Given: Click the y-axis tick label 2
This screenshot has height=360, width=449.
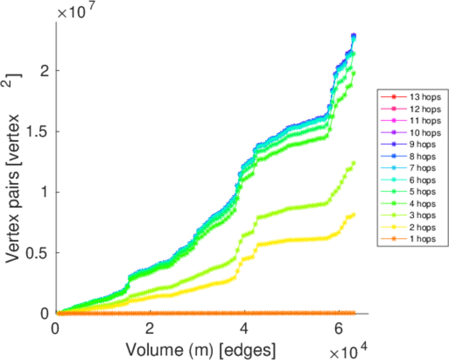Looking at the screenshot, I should tap(45, 71).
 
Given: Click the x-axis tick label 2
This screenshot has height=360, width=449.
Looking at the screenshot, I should tap(149, 329).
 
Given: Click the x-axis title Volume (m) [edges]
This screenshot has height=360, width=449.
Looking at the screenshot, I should tap(201, 347).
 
